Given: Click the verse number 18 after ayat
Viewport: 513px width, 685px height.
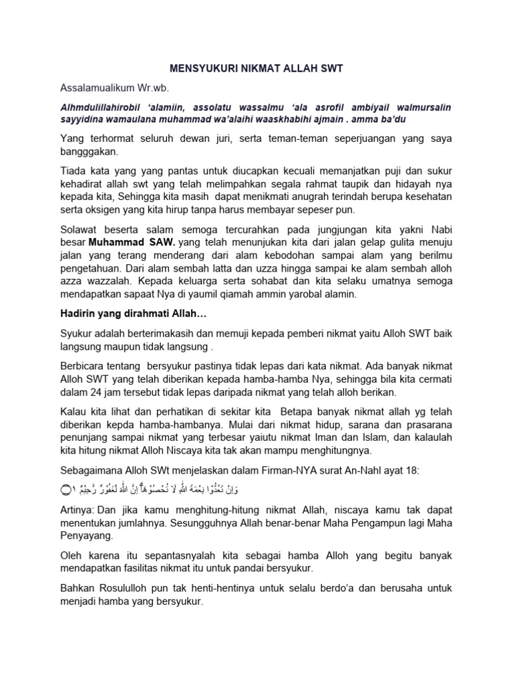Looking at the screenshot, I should [x=411, y=472].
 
